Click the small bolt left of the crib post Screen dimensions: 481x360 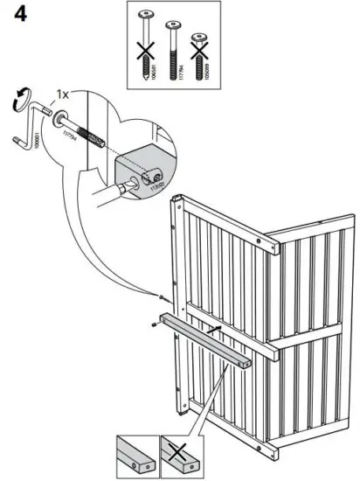[x=163, y=295]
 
